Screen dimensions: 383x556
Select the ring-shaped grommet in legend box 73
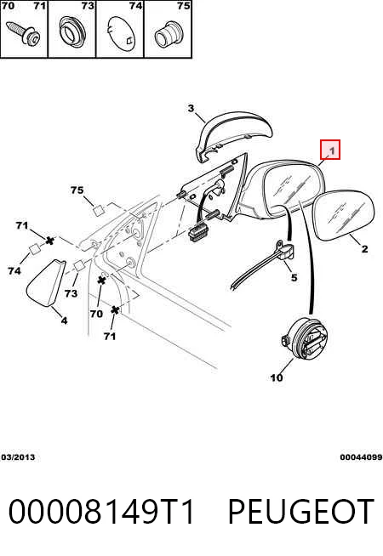[72, 32]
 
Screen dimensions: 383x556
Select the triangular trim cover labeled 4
[47, 282]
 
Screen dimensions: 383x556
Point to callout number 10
[277, 377]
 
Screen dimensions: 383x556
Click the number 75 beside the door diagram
[77, 190]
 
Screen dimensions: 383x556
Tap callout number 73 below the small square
[71, 293]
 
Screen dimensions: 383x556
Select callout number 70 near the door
[96, 314]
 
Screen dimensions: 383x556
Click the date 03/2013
[18, 457]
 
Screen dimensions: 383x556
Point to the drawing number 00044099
[361, 457]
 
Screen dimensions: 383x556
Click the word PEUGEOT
[300, 511]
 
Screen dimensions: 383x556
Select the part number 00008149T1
[101, 511]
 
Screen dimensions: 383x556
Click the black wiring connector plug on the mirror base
[198, 233]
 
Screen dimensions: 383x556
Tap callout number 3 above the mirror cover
[191, 108]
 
